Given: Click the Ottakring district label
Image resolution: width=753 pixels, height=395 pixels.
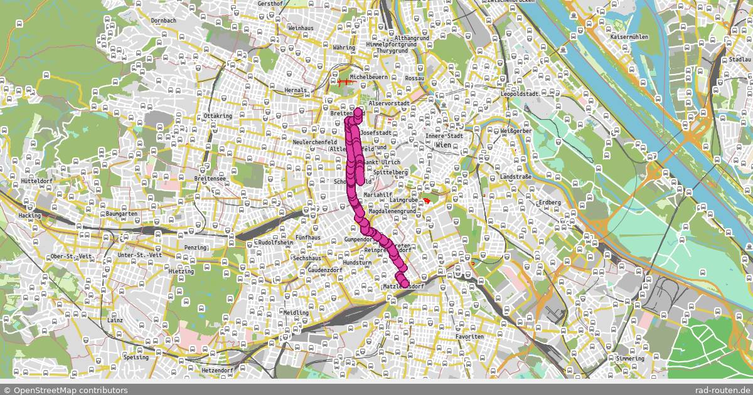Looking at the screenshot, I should tap(218, 117).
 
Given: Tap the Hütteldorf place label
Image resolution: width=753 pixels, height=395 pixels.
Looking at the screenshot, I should tap(36, 181).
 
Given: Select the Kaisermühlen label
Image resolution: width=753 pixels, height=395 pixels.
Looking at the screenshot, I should tap(629, 37).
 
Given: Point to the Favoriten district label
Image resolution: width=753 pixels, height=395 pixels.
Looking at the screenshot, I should tap(469, 337).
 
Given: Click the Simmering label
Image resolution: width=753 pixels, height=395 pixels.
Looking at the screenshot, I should tap(630, 359).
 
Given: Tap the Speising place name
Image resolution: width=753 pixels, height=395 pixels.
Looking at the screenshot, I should tap(136, 357).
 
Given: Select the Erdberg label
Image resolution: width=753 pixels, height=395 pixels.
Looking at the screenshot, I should tap(550, 203).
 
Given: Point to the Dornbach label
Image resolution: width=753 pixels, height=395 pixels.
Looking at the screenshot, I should tap(164, 21).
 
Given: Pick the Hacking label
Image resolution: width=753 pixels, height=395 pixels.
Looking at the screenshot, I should tap(29, 215).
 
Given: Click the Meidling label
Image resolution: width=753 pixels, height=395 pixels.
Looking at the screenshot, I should tap(296, 312).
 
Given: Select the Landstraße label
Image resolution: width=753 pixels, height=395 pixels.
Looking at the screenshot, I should tap(516, 177).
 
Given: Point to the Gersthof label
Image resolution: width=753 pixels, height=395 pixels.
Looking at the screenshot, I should tap(270, 3).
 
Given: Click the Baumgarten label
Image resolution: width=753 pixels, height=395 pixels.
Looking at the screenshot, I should tap(122, 214).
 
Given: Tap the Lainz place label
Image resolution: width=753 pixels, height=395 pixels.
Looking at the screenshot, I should tap(115, 320).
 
